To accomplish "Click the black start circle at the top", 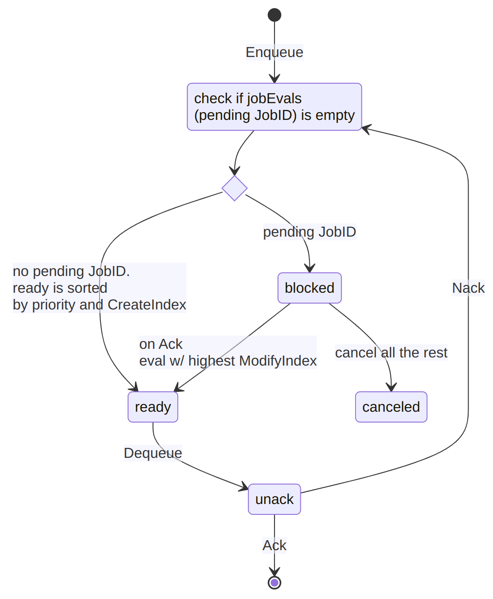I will click(274, 15).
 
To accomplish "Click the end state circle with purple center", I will click(274, 582).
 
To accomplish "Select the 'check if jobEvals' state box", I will click(274, 107).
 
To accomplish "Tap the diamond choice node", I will click(234, 188).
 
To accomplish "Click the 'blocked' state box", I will click(309, 288).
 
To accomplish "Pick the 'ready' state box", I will click(153, 407).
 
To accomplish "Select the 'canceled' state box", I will click(391, 407).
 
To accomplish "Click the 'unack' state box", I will click(274, 499).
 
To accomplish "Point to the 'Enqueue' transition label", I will click(274, 52).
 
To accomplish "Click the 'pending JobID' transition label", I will click(309, 232).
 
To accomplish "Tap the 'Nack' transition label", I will click(468, 288).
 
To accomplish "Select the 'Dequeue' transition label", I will click(153, 453).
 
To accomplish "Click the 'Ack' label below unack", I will click(274, 545).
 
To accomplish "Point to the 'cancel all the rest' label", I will click(391, 352).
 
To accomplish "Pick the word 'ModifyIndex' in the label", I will click(278, 361).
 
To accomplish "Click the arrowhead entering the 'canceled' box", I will click(391, 387).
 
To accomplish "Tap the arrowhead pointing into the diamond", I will click(234, 171).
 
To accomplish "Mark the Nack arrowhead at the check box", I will click(366, 129).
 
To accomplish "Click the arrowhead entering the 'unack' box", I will click(244, 487).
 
